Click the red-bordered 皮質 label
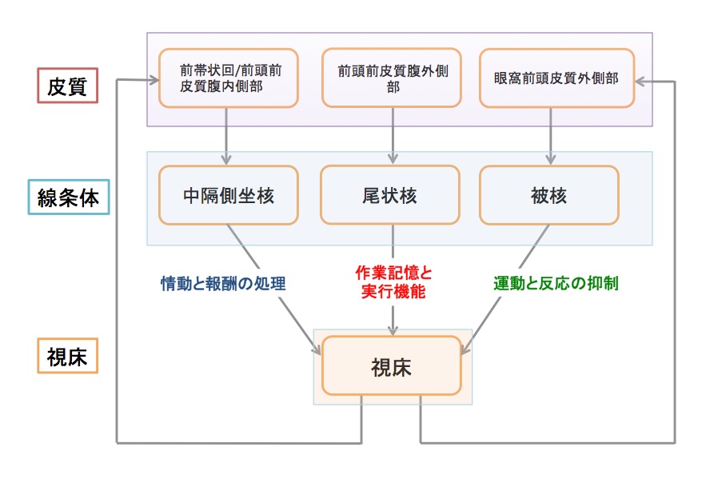67,86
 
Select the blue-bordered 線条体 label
67,198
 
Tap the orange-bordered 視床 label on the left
67,356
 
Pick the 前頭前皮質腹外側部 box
393,78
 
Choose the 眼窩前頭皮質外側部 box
556,78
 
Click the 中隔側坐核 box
228,194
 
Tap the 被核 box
549,194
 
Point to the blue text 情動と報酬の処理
223,283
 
